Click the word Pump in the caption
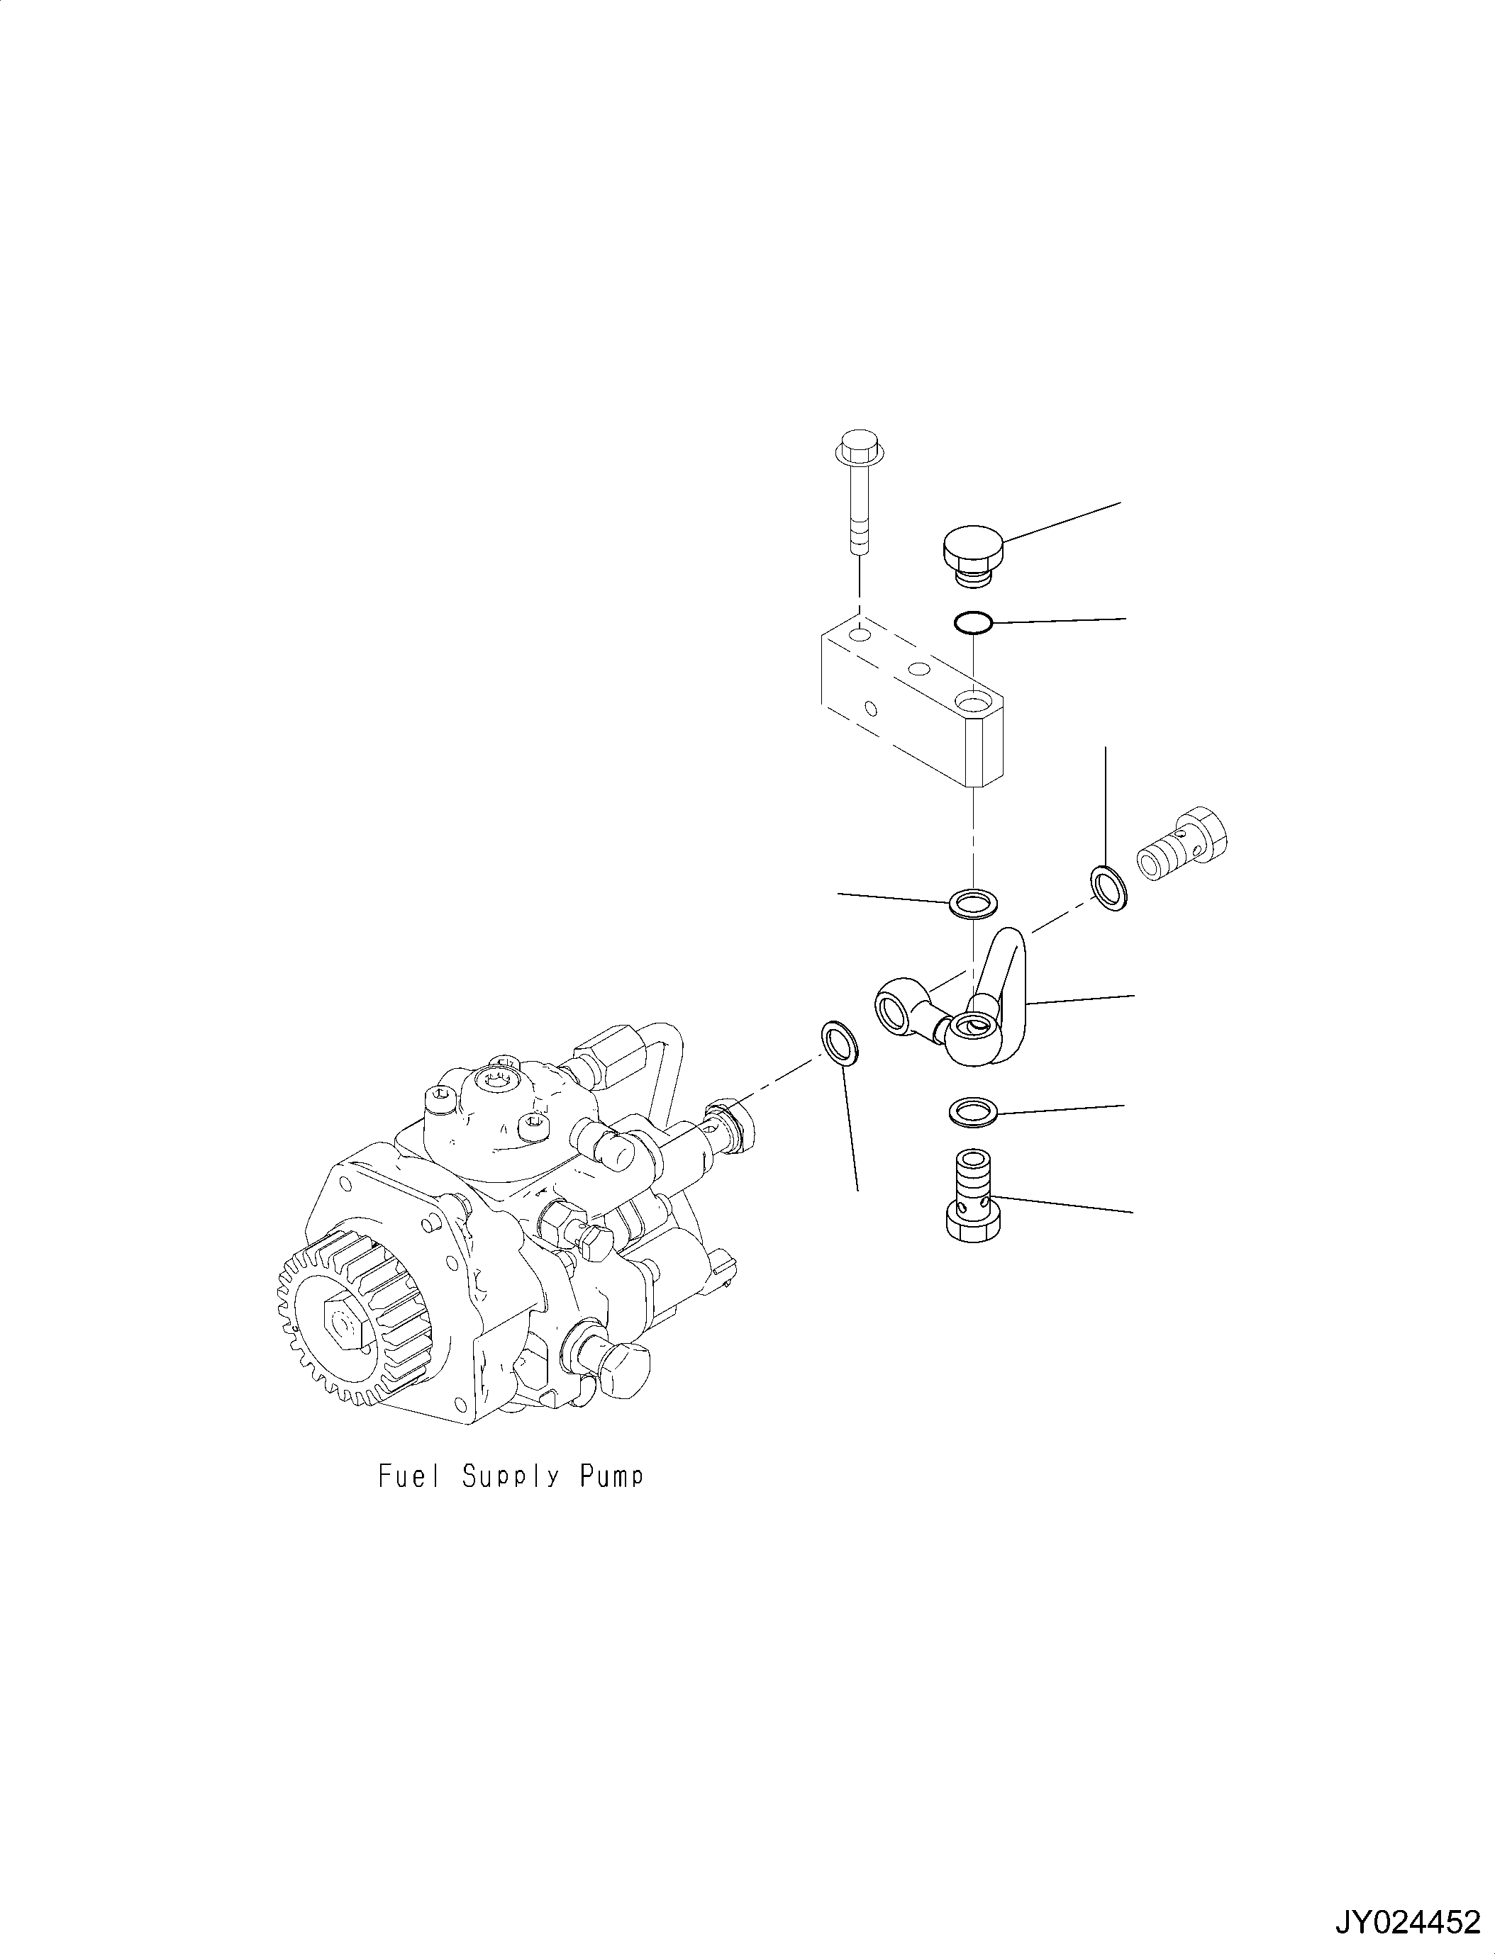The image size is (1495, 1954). tap(611, 1476)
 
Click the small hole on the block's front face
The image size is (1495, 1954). tap(871, 709)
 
